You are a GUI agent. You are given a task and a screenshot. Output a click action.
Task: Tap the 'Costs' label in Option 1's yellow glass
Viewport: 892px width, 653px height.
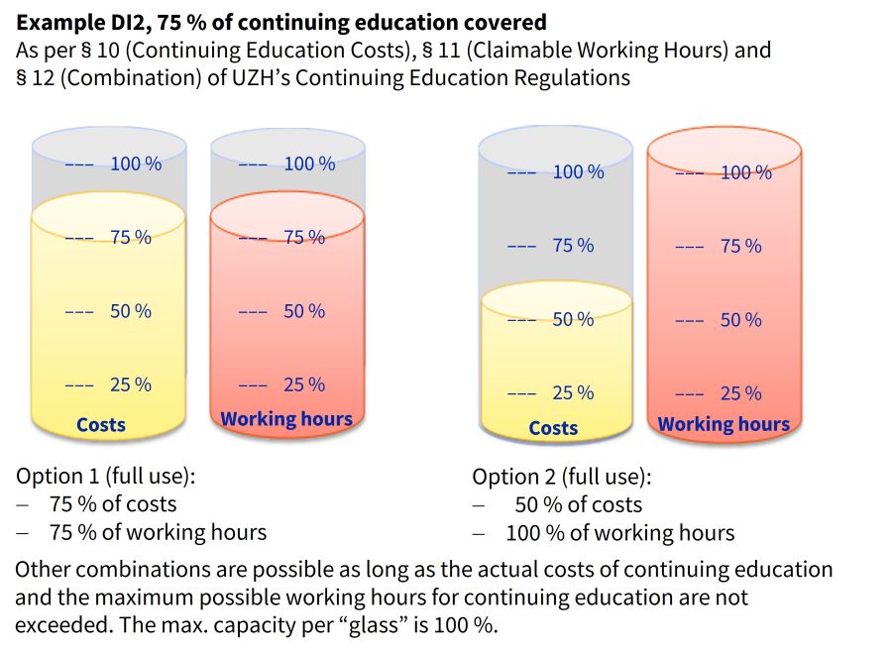point(101,425)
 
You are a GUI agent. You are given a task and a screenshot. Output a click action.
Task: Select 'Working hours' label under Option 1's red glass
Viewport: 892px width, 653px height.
point(286,419)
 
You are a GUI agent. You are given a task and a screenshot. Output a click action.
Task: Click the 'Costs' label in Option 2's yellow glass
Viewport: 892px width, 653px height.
point(553,428)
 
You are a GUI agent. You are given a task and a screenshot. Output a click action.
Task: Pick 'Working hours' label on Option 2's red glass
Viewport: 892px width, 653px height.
point(724,425)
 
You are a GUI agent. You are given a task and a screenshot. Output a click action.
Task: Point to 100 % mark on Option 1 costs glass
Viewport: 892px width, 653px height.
point(136,163)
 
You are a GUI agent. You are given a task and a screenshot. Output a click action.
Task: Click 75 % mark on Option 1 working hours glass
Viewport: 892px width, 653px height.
point(304,237)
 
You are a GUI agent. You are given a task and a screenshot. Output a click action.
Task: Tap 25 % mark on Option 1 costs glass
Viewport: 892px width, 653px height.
point(131,384)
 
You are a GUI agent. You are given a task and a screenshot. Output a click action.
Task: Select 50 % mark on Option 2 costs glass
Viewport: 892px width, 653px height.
point(573,319)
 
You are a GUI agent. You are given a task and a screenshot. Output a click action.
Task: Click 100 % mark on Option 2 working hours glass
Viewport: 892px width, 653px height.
point(746,172)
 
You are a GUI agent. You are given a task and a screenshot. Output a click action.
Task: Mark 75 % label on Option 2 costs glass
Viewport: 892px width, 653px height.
point(573,246)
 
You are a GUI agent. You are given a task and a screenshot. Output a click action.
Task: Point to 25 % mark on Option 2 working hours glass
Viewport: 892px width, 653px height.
point(741,393)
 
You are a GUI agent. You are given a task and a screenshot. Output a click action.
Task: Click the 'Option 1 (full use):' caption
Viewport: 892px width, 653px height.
point(106,475)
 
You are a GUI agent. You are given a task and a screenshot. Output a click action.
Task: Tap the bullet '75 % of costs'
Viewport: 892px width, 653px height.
point(113,503)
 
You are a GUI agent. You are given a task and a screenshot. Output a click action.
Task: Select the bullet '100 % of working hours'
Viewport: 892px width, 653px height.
point(619,533)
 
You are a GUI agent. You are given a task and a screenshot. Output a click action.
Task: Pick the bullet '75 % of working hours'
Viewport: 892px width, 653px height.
point(158,532)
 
